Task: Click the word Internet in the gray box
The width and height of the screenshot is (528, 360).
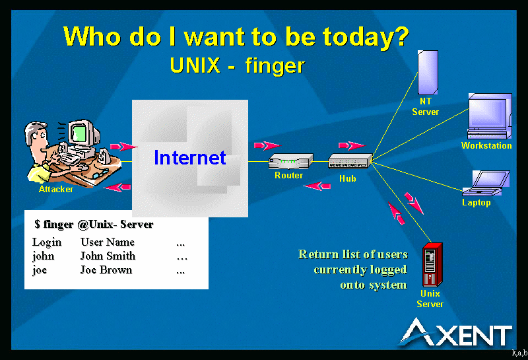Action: click(x=190, y=157)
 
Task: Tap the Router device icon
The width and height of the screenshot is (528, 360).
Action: click(x=290, y=161)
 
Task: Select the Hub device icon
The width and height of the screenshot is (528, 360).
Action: click(x=350, y=161)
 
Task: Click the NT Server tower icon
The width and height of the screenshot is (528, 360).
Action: click(x=428, y=73)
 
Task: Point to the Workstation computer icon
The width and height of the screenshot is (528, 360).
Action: click(x=490, y=116)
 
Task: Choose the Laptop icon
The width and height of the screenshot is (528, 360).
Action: click(x=486, y=183)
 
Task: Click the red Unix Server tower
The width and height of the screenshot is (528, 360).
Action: click(x=432, y=265)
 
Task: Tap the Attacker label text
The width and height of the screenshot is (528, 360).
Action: click(x=56, y=189)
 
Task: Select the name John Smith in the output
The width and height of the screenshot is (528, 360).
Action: click(x=108, y=256)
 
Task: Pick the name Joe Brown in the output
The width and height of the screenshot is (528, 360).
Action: click(x=106, y=270)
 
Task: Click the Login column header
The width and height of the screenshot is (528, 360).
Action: click(x=47, y=242)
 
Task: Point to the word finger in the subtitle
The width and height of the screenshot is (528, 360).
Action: click(x=275, y=66)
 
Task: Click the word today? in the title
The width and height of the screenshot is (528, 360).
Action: click(x=366, y=36)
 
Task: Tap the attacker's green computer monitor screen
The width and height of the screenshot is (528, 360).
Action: click(x=79, y=133)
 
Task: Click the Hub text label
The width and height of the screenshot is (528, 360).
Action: click(x=348, y=178)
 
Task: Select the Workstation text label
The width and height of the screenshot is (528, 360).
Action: click(x=486, y=145)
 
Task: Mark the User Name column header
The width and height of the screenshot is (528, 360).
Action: click(x=108, y=242)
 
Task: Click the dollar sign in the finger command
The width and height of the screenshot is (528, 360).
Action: click(x=37, y=224)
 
